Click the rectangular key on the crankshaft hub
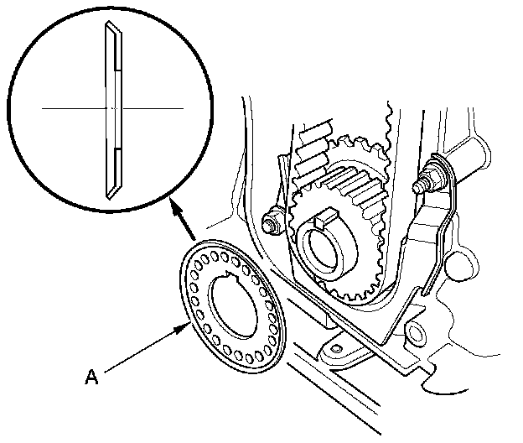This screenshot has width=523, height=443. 324,221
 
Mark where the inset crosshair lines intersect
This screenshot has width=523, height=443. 111,108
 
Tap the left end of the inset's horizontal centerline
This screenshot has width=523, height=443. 41,108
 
